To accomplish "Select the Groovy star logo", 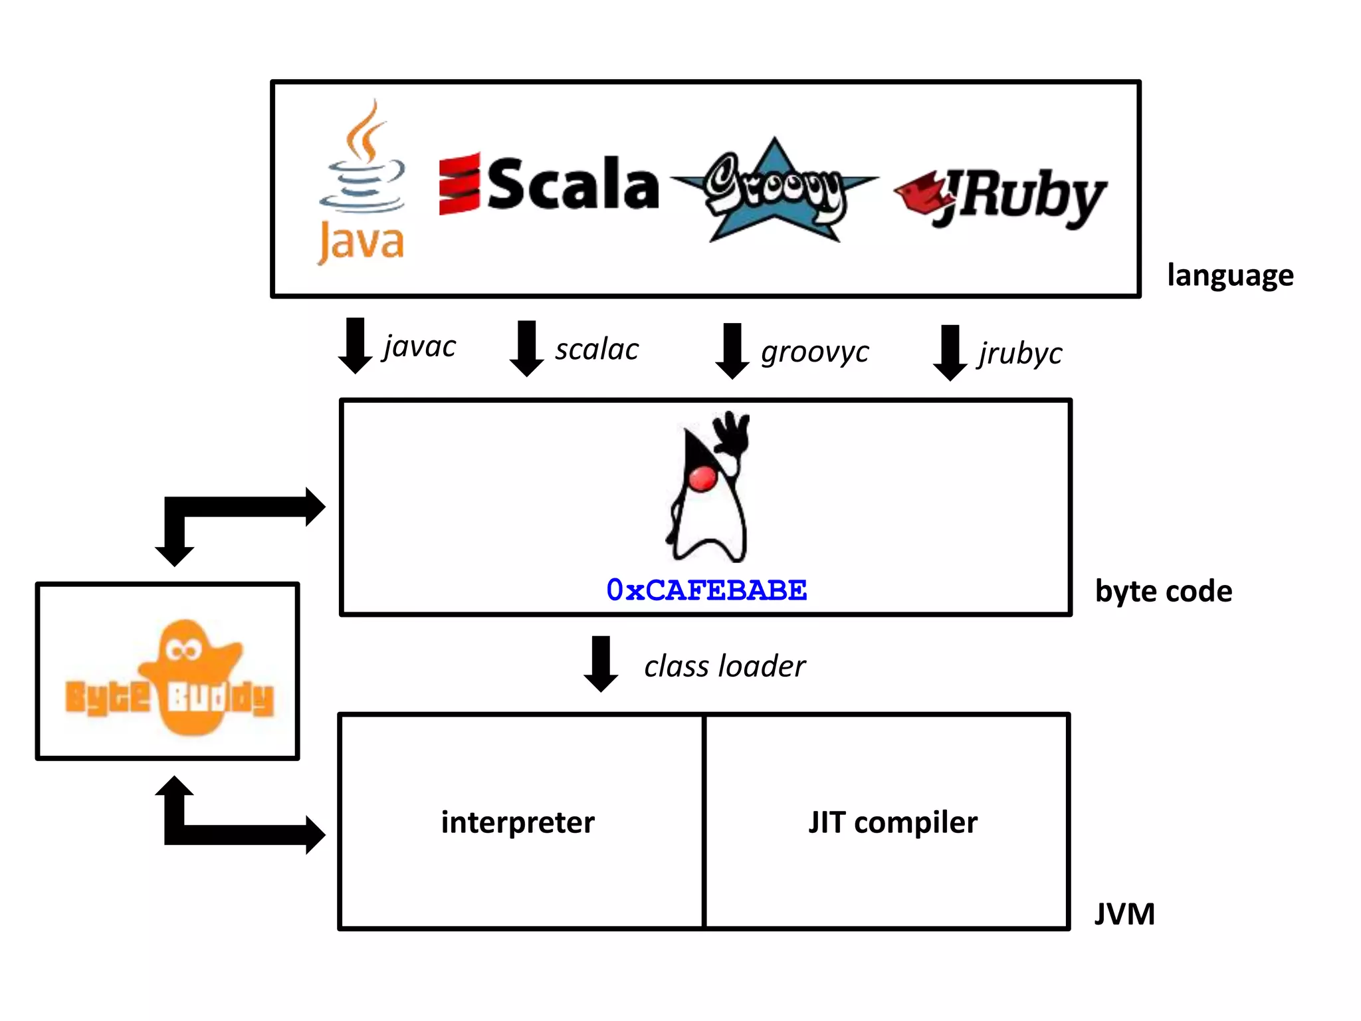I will pos(774,189).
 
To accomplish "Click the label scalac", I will pos(597,350).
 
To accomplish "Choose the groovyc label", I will pos(815,352).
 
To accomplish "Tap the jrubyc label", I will pos(1020,354).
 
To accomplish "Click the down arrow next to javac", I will pos(356,346).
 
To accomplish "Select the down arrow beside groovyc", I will pos(732,351).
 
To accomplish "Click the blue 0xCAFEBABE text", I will pos(706,590).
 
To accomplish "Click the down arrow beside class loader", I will pos(601,663).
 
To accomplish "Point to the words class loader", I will pos(724,666).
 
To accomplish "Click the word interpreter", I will pos(518,823).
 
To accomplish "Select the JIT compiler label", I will pos(892,823).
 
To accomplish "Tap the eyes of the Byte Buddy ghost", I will pos(184,649).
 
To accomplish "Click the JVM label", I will pos(1124,914).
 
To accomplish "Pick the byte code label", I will pos(1163,591).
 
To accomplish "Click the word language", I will pos(1230,275).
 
